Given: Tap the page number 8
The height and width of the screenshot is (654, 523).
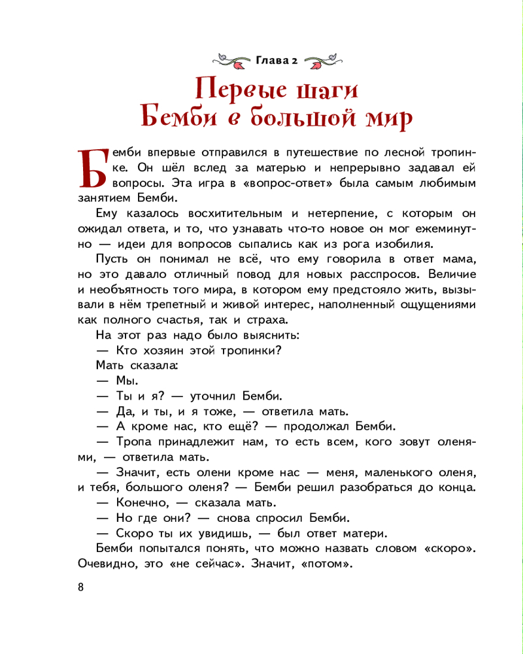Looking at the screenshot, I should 80,586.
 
